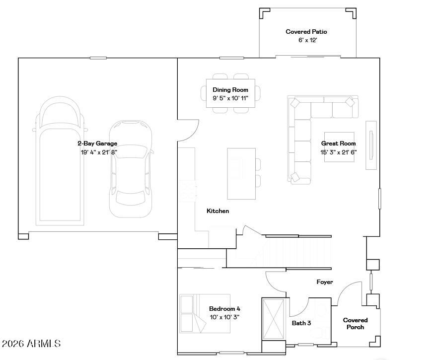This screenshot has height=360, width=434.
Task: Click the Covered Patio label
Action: coord(306,32)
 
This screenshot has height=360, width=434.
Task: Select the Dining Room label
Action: coord(230,90)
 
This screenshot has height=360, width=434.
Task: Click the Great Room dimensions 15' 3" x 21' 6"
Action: coord(338,152)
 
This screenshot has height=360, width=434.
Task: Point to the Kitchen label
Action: coord(217,211)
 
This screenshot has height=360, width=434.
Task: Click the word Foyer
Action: coord(324,282)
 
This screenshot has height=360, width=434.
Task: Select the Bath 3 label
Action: coord(301,323)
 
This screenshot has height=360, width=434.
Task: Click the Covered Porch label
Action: coord(355,324)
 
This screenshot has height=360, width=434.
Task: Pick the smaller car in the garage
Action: coord(131,169)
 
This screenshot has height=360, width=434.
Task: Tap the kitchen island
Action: coord(241,173)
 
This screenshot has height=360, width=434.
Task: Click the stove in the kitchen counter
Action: coord(188,191)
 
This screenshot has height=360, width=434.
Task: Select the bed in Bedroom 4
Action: coord(193,314)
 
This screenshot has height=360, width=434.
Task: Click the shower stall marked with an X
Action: coord(273,318)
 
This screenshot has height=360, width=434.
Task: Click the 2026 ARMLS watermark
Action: coord(31,344)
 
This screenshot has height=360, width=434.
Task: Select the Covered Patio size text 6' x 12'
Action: coord(307,40)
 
